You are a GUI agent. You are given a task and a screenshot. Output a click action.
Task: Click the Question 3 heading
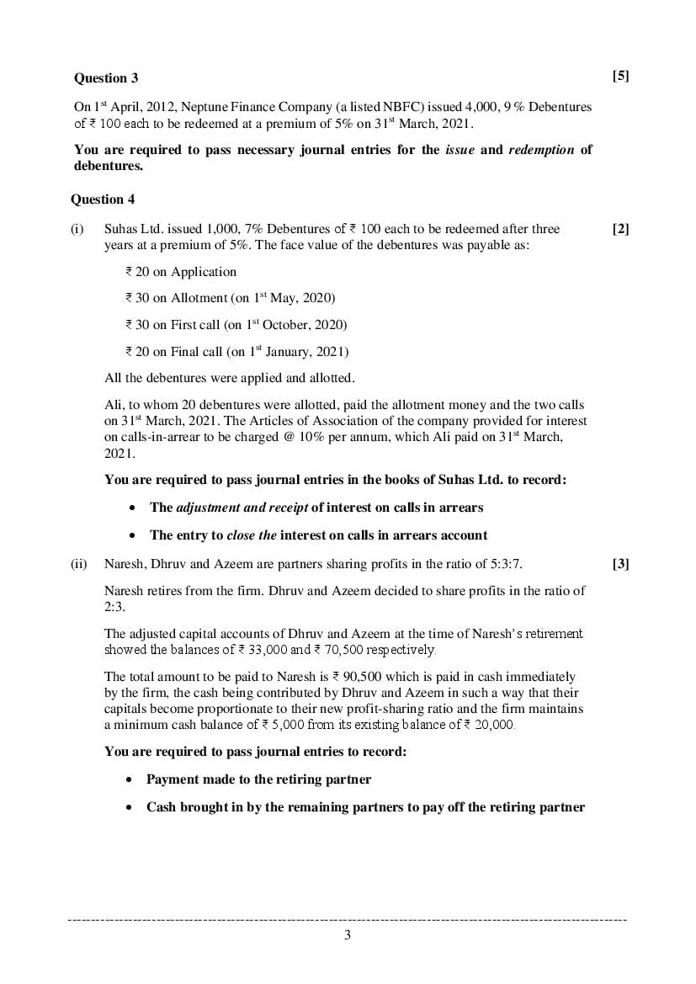[x=106, y=78]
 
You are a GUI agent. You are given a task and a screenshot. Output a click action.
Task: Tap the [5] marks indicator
[x=620, y=77]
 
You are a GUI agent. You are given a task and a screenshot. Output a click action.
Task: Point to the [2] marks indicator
[x=620, y=229]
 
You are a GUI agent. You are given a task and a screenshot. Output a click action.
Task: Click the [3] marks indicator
[x=620, y=564]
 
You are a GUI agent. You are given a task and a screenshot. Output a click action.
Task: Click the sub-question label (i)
[x=77, y=229]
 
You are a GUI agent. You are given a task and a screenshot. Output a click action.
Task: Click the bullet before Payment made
[x=130, y=780]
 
